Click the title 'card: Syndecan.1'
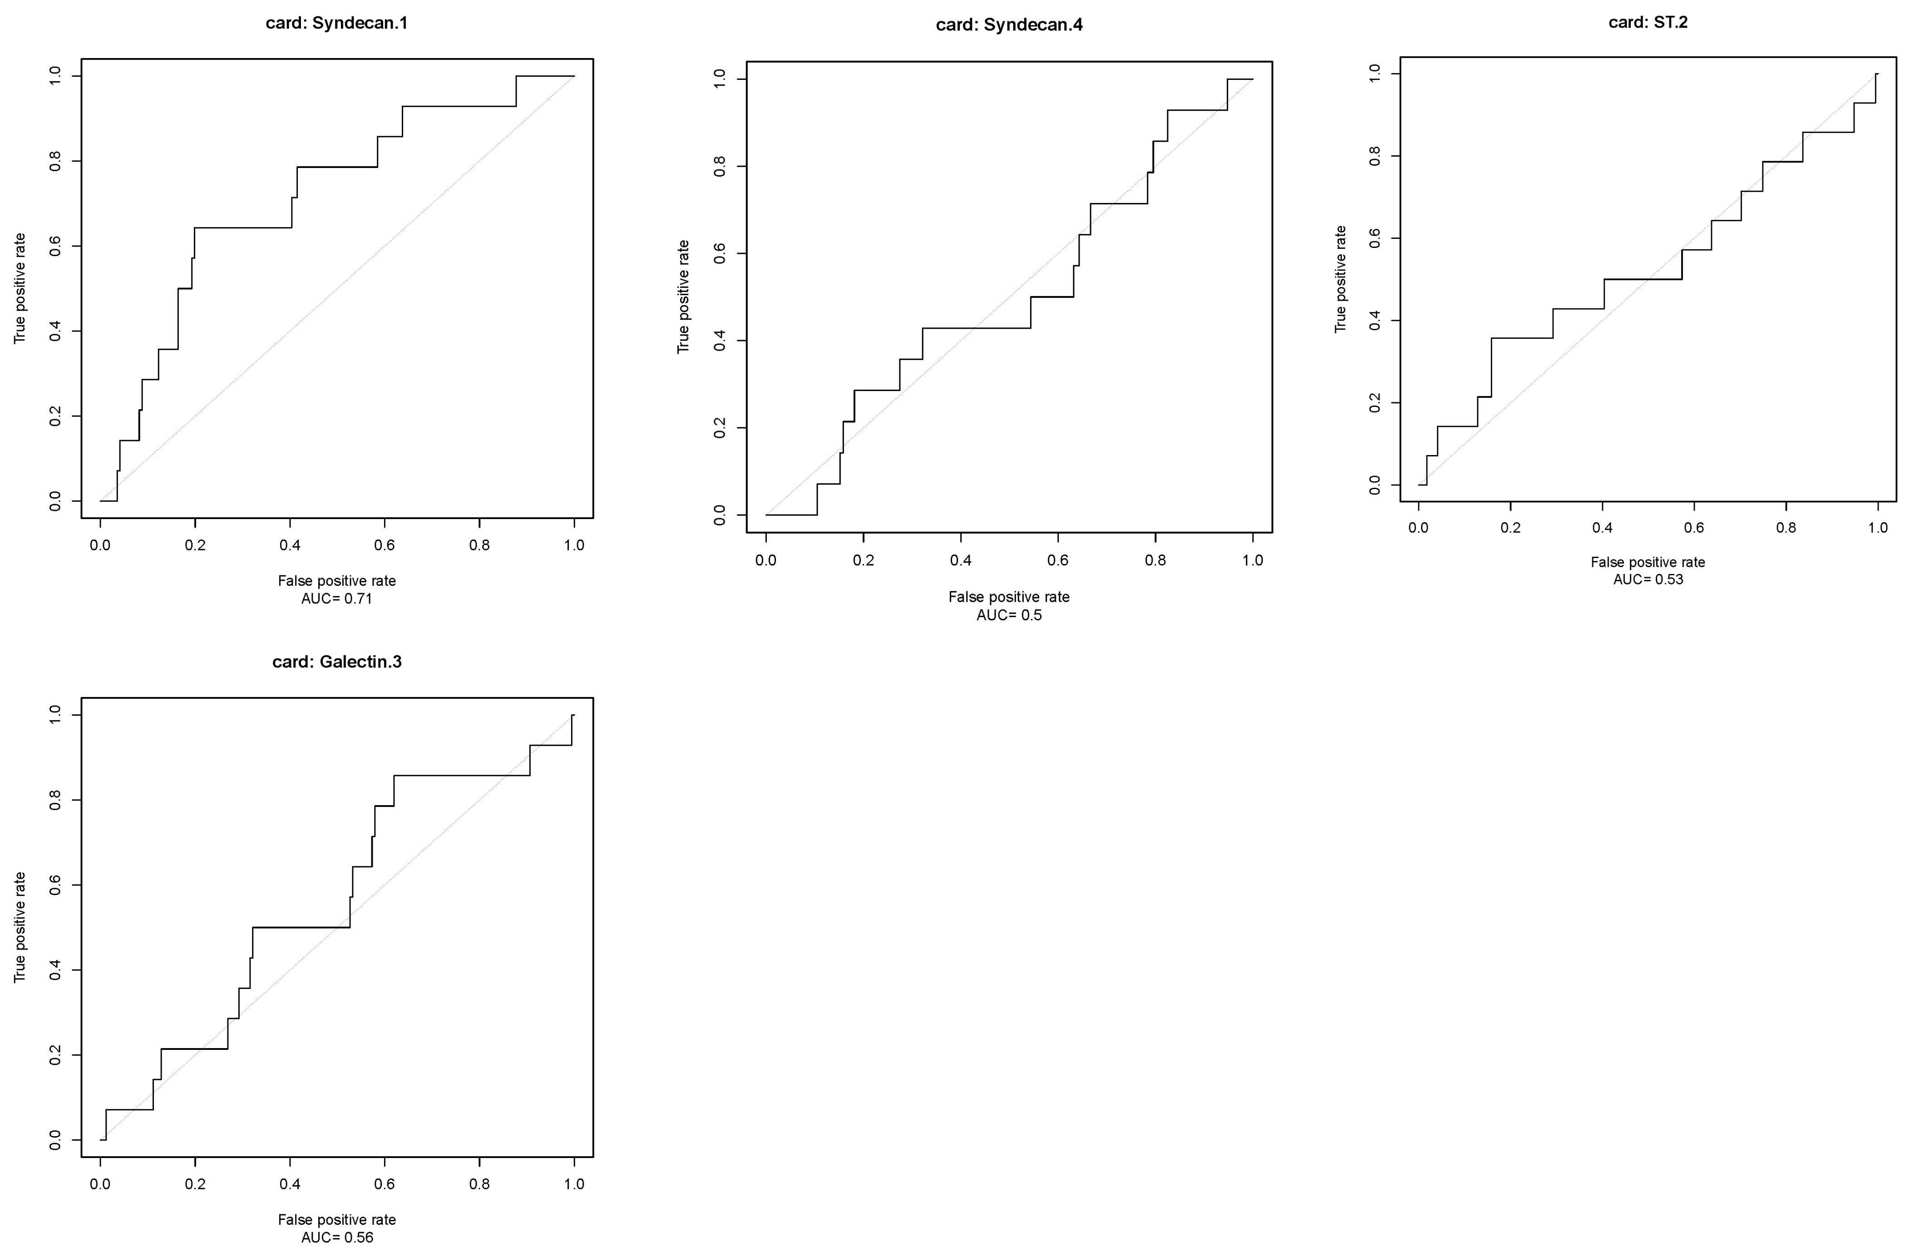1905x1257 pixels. point(336,23)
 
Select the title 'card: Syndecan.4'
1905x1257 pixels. point(1009,25)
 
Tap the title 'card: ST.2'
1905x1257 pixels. point(1648,22)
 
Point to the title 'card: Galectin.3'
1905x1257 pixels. point(336,662)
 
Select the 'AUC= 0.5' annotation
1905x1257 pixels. point(1009,616)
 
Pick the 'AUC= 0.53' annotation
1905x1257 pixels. point(1648,579)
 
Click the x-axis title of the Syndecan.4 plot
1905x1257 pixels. point(1009,597)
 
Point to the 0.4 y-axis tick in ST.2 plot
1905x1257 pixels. point(1375,321)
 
